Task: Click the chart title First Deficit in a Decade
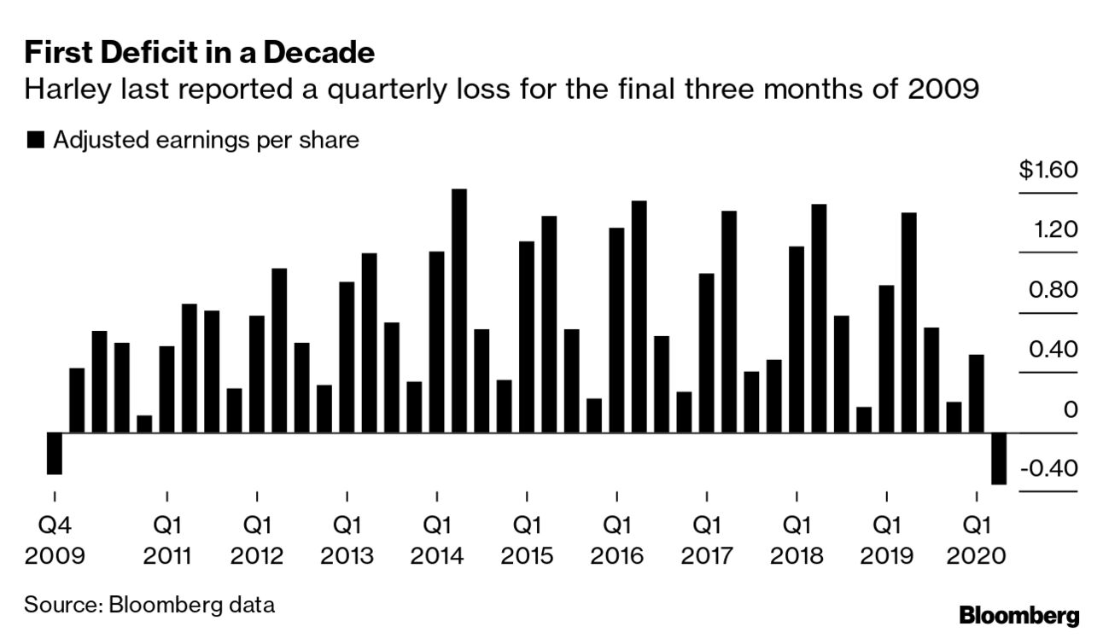199,53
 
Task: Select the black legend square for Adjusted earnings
35,141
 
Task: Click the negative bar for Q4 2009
54,453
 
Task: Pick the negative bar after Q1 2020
998,458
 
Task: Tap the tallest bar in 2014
459,310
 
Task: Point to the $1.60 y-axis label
1048,170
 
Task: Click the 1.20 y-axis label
1054,230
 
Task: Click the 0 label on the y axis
1071,410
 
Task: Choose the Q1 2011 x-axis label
167,539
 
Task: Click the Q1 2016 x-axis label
617,539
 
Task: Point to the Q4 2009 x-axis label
55,539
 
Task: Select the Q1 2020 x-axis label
977,539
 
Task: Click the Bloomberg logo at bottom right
1018,616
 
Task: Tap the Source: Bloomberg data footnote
149,606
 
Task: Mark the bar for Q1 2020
976,393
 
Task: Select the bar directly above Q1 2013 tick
347,357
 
